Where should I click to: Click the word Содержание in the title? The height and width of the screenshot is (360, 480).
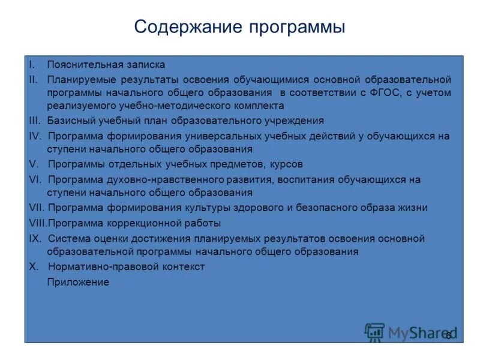(188, 27)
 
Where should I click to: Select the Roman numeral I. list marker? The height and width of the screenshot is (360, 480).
(32, 65)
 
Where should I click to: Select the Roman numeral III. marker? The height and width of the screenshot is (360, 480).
(35, 121)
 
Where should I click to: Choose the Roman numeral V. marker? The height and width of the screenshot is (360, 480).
(34, 164)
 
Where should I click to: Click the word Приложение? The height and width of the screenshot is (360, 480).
(78, 282)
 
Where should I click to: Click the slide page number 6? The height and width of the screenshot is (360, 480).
(448, 336)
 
